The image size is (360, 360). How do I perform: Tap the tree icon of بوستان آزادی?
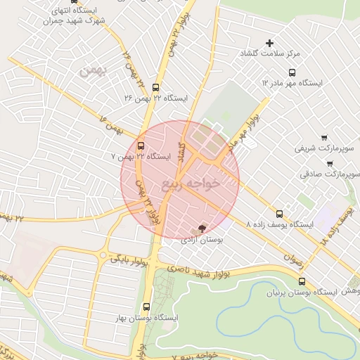[202, 229]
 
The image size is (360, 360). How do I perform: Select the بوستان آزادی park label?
[202, 240]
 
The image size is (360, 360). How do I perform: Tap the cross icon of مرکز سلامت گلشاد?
[269, 44]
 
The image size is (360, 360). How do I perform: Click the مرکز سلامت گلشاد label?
[271, 53]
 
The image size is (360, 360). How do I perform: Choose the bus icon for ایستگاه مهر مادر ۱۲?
[292, 72]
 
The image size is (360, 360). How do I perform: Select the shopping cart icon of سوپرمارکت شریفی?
[323, 138]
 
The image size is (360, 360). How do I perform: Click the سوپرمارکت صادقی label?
[330, 172]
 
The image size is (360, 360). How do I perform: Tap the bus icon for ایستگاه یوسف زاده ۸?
[279, 213]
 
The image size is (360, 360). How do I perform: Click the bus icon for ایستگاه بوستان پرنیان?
[302, 281]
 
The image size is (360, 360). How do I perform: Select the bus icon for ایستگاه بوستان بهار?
[146, 307]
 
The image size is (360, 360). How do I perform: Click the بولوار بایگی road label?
[128, 259]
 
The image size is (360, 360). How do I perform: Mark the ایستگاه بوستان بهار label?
[148, 318]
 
